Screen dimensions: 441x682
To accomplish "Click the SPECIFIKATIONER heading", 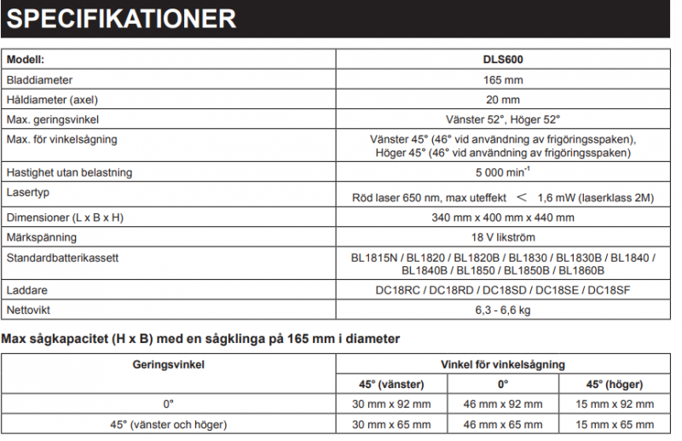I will [x=120, y=18].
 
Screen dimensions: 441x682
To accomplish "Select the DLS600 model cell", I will [x=503, y=61].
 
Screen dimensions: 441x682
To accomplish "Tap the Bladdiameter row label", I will [x=44, y=80].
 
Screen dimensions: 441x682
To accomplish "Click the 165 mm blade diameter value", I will [x=503, y=80].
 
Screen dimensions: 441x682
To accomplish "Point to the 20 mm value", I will [x=503, y=100].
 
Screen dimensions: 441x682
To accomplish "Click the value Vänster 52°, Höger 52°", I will [x=503, y=119].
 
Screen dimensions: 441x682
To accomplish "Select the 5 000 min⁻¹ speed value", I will [x=503, y=173].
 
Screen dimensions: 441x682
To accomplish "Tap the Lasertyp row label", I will [x=29, y=192].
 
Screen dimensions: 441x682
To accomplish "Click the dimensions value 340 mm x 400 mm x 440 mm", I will [x=503, y=218].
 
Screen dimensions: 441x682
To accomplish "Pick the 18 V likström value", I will [x=503, y=237].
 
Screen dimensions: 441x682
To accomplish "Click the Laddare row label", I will [x=26, y=290].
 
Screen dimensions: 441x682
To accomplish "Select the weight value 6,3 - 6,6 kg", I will [x=503, y=310].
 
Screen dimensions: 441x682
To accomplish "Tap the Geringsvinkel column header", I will [x=168, y=364].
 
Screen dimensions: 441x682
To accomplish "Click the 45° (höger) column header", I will [x=614, y=384].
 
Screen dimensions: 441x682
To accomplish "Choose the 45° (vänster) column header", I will [x=392, y=384].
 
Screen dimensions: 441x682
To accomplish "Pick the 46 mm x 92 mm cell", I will [x=503, y=403].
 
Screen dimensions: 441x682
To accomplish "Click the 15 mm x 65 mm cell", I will [x=614, y=423].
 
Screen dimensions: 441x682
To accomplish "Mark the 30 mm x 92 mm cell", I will [x=392, y=403].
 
